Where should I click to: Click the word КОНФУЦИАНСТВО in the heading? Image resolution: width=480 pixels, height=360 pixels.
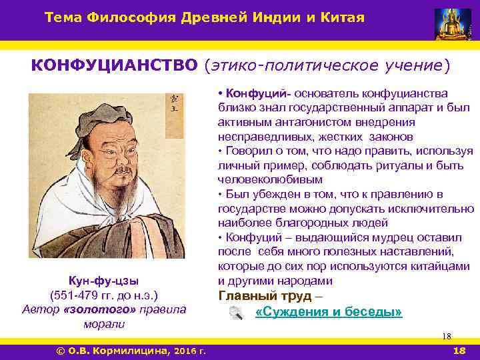coord(115,65)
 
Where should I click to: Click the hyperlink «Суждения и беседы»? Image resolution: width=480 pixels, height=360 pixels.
coord(329,312)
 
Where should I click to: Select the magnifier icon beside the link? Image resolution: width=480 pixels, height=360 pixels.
coord(235,313)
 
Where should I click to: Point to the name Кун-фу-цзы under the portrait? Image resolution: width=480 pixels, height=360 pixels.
coord(103,280)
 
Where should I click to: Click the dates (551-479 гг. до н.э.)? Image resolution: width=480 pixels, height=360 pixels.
coord(103,295)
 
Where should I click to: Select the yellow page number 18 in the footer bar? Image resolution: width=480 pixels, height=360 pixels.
coord(459,351)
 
